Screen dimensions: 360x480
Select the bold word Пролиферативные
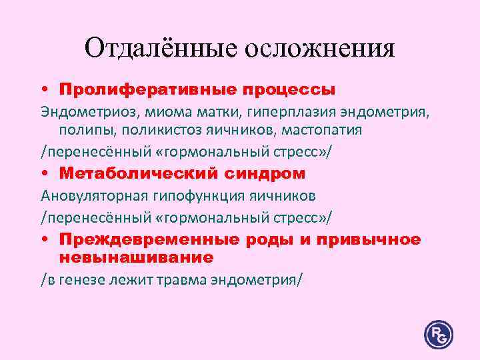click(155, 89)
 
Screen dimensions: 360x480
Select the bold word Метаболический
click(136, 173)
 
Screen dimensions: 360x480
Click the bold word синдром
click(263, 173)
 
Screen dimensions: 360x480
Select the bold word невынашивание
click(136, 257)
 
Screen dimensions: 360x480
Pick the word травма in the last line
click(183, 279)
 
